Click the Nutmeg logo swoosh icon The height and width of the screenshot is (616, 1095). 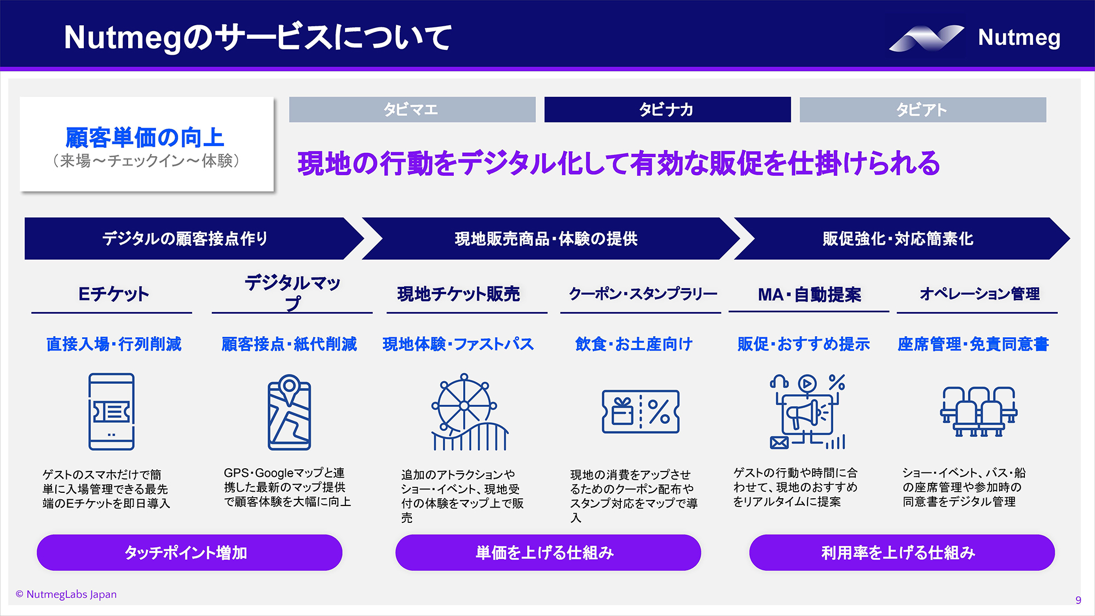click(926, 38)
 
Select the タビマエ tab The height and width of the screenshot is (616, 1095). click(412, 110)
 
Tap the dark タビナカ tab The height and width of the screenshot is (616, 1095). click(667, 110)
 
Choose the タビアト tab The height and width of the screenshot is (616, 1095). click(922, 110)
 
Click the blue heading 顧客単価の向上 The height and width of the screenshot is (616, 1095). click(145, 137)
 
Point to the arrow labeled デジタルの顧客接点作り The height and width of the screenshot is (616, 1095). click(186, 239)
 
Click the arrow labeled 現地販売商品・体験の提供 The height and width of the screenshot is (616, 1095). click(546, 239)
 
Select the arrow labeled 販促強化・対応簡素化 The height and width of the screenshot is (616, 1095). click(898, 239)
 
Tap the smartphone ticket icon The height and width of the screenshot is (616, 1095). click(112, 412)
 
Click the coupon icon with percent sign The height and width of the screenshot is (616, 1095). click(641, 412)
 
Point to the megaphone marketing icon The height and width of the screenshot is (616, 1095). click(807, 412)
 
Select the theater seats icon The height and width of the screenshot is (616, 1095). click(978, 412)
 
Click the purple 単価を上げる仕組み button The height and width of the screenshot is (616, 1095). click(547, 552)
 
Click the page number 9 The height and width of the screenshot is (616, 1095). click(1078, 600)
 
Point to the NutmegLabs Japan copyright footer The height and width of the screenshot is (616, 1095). click(66, 595)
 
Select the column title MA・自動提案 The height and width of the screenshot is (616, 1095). click(809, 295)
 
